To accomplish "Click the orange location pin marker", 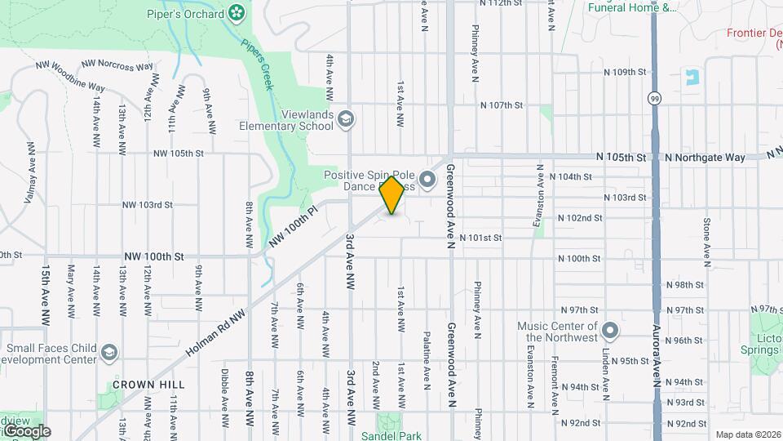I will (x=392, y=195).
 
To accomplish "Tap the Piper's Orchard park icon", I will (x=237, y=12).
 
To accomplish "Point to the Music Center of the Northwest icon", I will (x=612, y=332).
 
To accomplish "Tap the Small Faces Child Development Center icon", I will (x=108, y=352).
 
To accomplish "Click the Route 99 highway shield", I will (x=654, y=98).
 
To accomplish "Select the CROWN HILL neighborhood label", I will (x=144, y=384).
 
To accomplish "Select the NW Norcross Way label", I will (x=117, y=65).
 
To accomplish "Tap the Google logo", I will (x=26, y=431).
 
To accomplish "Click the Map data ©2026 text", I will (x=748, y=434).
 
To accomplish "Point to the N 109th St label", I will (x=625, y=72).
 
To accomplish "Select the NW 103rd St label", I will (x=148, y=205).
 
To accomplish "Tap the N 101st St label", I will (x=480, y=238).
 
